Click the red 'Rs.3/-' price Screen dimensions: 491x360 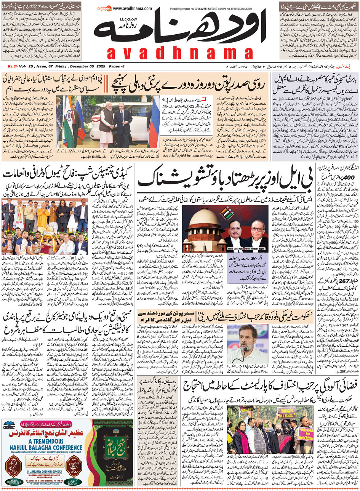14,67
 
